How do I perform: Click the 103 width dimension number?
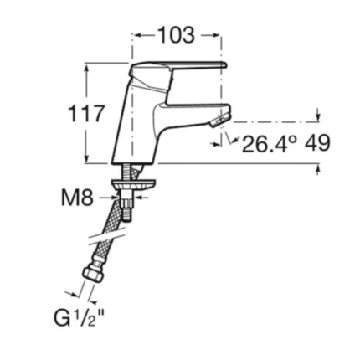(x=177, y=35)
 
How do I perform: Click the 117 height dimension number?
(x=87, y=114)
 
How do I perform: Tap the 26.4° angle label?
(x=269, y=144)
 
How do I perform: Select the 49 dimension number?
(x=317, y=143)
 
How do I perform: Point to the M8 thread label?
(x=77, y=198)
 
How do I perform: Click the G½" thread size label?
(x=79, y=318)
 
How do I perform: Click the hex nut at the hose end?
(x=93, y=273)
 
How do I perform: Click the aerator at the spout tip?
(x=220, y=120)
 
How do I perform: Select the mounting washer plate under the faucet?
(x=133, y=184)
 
